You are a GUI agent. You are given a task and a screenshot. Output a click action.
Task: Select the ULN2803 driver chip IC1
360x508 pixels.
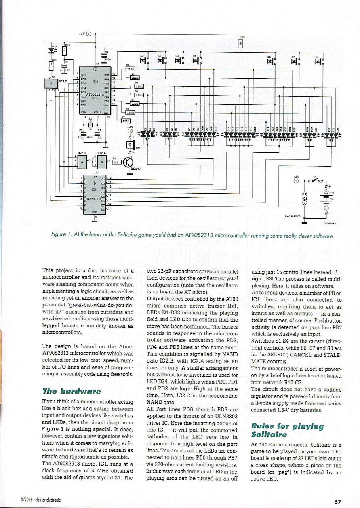click(x=94, y=194)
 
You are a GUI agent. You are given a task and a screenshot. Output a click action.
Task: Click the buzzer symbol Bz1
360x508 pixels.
click(x=131, y=144)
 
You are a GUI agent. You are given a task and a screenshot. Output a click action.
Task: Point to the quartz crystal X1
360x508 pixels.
click(x=91, y=124)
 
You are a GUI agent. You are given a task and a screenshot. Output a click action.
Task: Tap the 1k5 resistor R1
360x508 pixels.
click(x=116, y=162)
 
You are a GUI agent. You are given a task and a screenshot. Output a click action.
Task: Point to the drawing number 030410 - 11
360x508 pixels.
click(x=330, y=222)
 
